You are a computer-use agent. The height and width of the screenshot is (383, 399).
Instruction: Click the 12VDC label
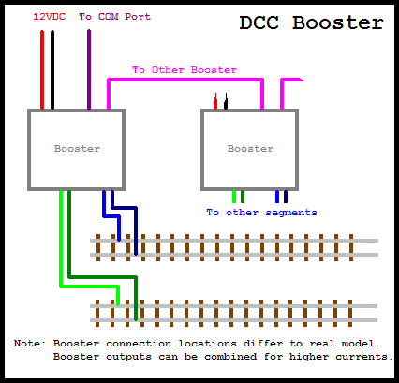(49, 17)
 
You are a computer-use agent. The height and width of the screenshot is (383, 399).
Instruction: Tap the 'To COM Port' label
(114, 17)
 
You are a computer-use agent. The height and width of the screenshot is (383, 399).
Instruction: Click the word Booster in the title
(338, 22)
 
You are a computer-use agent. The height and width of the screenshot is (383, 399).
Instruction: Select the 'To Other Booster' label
(185, 70)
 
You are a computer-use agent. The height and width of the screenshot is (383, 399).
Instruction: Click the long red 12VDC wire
(42, 70)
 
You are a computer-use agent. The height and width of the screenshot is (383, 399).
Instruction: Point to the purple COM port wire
(89, 69)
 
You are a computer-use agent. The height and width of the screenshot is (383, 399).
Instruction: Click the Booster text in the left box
(77, 149)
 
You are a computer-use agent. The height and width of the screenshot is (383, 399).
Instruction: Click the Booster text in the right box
(250, 149)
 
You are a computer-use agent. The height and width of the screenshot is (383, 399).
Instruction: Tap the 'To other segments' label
(261, 213)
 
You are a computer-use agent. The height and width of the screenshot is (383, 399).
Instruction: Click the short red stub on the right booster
(215, 101)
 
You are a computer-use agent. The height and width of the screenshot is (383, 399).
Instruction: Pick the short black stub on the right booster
(226, 101)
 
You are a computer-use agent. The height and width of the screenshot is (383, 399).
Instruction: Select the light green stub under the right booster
(234, 197)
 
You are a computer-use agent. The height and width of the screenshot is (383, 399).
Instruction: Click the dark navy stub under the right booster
(286, 197)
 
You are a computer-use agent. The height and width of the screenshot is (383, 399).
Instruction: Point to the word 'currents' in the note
(364, 357)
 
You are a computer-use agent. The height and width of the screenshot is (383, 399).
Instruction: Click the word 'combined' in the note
(230, 357)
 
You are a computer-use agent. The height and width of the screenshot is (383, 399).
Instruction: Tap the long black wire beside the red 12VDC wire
(52, 70)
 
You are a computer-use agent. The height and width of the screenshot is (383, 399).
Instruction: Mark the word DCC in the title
(259, 22)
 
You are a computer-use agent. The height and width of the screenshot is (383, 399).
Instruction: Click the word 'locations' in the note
(207, 344)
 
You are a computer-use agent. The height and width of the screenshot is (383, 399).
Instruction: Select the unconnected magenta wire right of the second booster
(282, 94)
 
